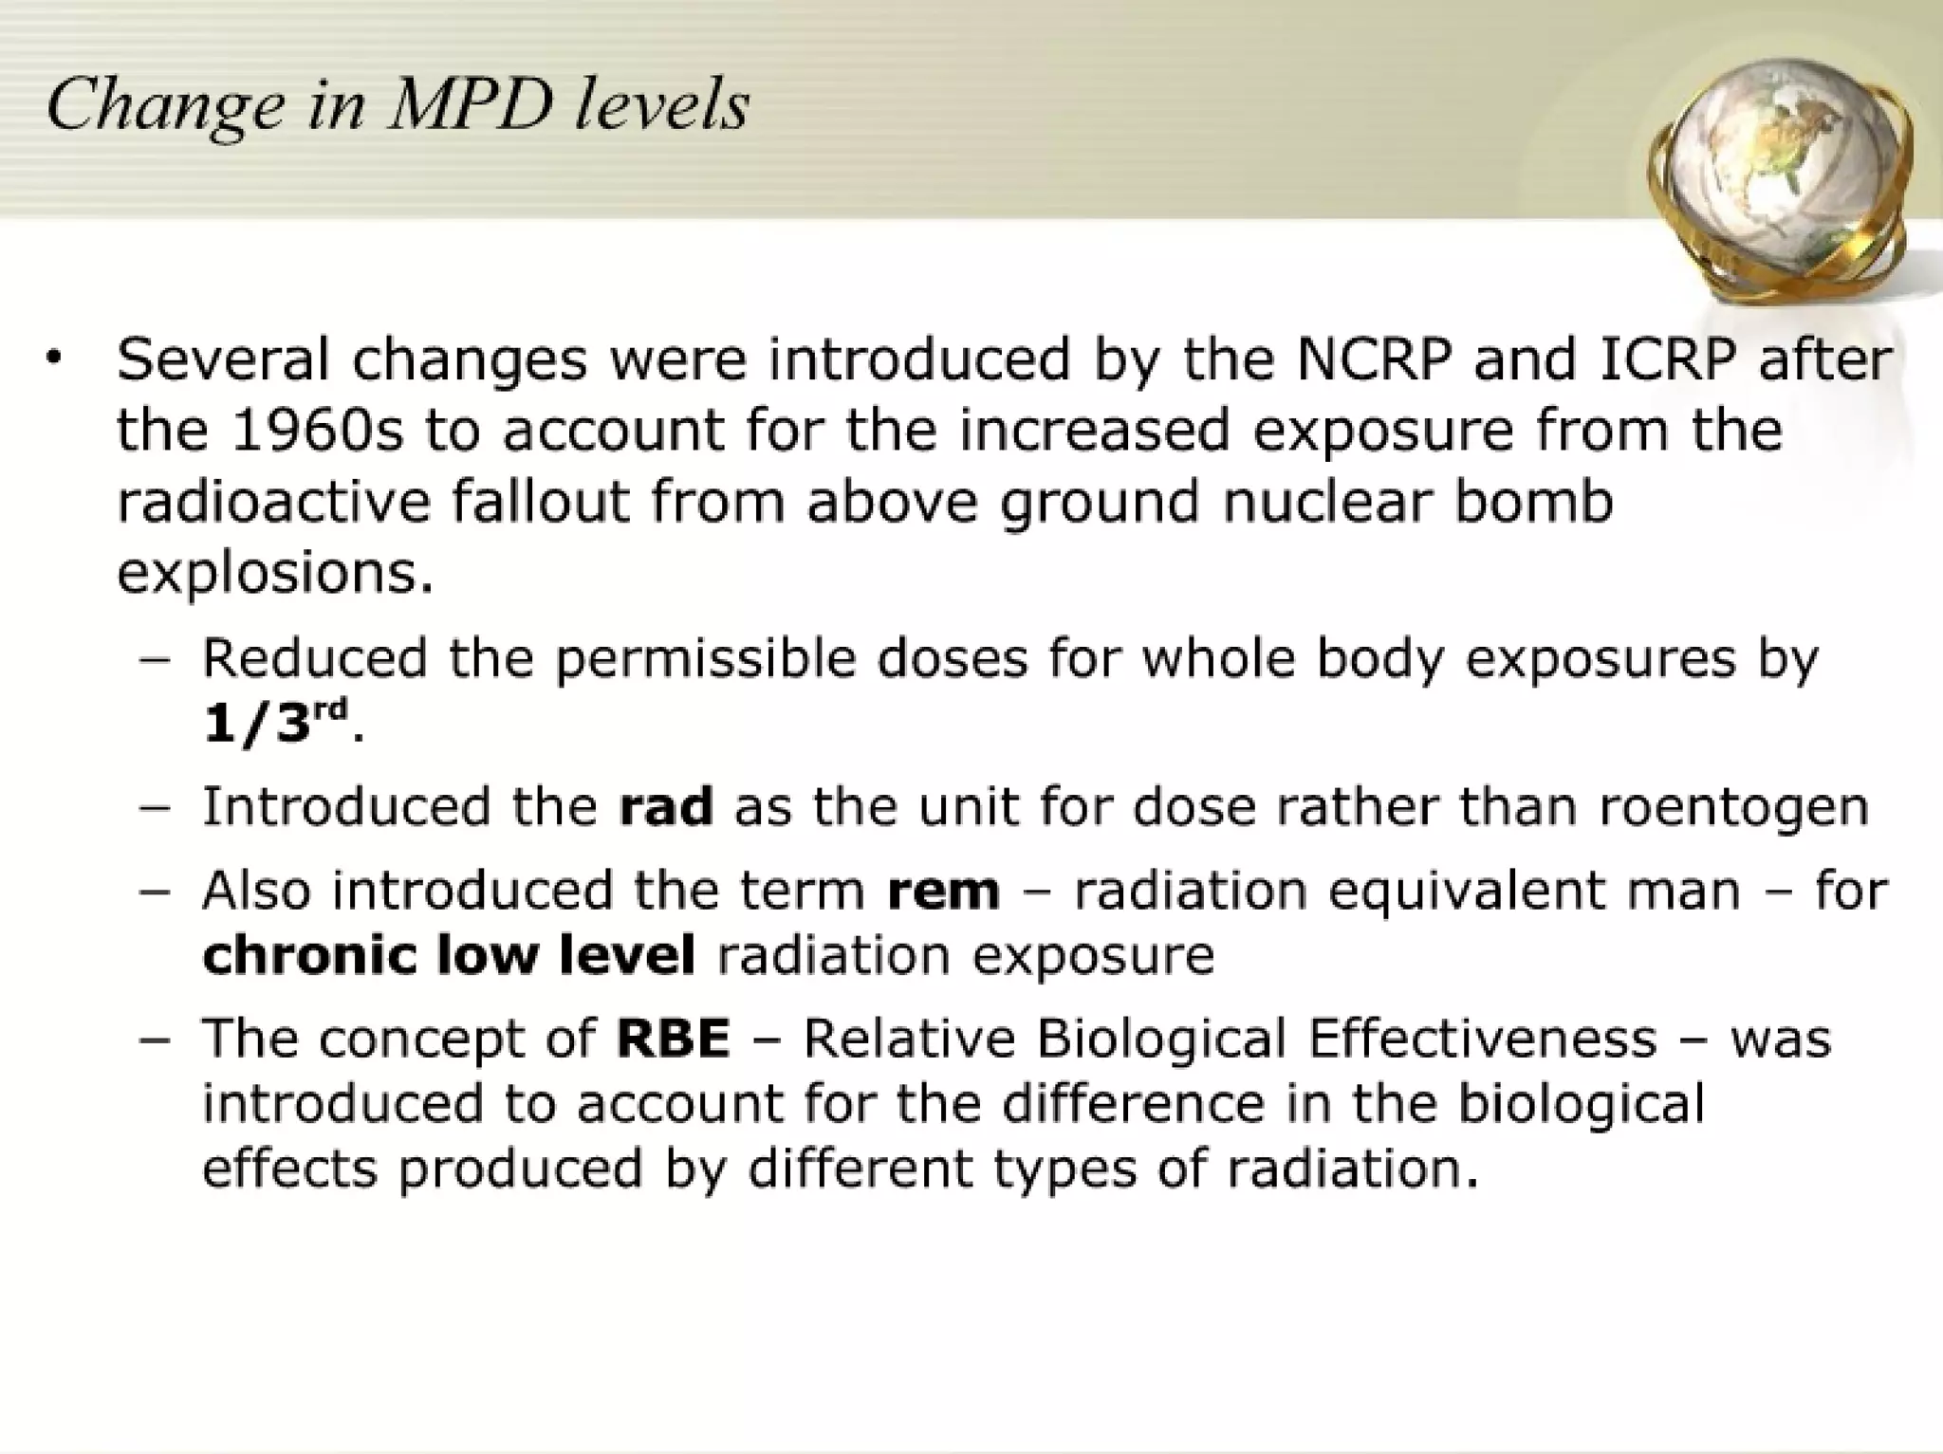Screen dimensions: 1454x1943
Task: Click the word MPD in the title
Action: (472, 103)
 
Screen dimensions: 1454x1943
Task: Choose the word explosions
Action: (274, 573)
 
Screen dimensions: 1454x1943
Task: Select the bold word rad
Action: (665, 807)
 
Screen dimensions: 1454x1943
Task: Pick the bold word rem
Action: (943, 892)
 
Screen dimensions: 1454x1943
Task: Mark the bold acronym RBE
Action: (674, 1039)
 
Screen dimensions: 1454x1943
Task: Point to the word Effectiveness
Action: (1482, 1039)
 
